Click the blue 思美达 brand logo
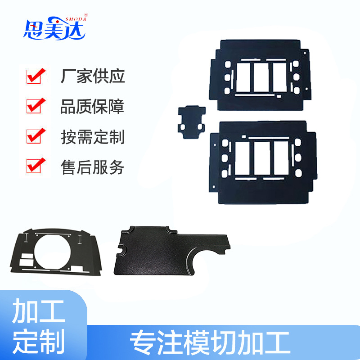point(54,28)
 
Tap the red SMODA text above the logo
point(76,19)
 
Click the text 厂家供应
point(93,76)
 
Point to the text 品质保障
point(92,107)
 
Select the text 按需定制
point(93,137)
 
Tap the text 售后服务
point(93,167)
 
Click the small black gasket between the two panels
point(192,121)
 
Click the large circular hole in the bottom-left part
point(52,252)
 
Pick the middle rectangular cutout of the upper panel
point(261,77)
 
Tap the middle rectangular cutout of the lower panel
point(262,158)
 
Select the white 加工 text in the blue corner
point(38,311)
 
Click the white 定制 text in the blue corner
point(38,341)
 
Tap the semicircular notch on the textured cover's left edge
point(121,250)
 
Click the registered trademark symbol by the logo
point(86,15)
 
